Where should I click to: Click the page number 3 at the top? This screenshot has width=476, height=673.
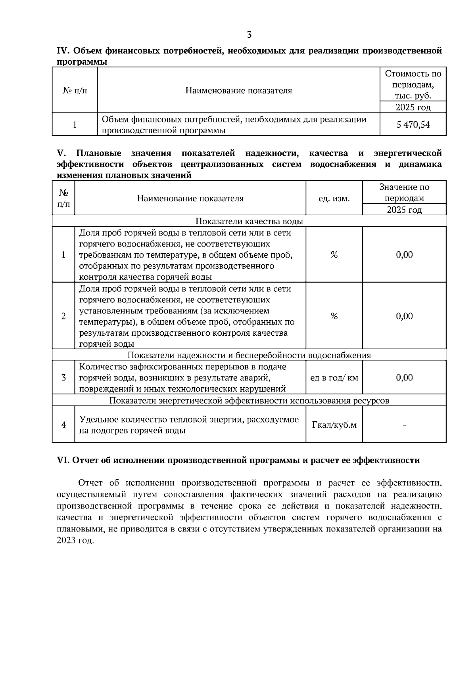pyautogui.click(x=249, y=35)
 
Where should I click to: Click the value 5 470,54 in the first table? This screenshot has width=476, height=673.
pyautogui.click(x=413, y=125)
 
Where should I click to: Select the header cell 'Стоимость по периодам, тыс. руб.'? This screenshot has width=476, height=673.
pyautogui.click(x=413, y=84)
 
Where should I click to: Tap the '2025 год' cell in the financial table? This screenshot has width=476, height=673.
pyautogui.click(x=413, y=107)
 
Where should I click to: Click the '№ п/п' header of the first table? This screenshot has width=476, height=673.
pyautogui.click(x=75, y=90)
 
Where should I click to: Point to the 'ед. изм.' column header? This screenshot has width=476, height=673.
pyautogui.click(x=334, y=199)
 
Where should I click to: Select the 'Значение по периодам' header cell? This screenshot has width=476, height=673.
pyautogui.click(x=404, y=193)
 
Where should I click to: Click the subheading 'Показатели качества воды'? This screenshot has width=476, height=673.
pyautogui.click(x=249, y=221)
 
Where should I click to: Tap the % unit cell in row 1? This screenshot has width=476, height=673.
pyautogui.click(x=334, y=255)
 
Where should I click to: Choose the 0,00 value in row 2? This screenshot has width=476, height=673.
pyautogui.click(x=404, y=316)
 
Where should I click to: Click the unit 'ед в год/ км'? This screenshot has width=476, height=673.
pyautogui.click(x=334, y=378)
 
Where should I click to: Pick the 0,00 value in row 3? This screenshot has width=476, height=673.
pyautogui.click(x=404, y=378)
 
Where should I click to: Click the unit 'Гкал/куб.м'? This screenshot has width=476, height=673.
pyautogui.click(x=334, y=425)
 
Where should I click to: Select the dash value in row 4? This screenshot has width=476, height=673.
pyautogui.click(x=404, y=425)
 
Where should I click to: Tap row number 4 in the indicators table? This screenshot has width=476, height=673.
pyautogui.click(x=63, y=425)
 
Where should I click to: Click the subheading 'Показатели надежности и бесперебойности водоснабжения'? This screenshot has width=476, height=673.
pyautogui.click(x=249, y=355)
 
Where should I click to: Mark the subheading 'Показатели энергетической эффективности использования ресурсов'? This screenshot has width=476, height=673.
pyautogui.click(x=249, y=401)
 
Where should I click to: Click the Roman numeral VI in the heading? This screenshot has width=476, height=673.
pyautogui.click(x=63, y=461)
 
